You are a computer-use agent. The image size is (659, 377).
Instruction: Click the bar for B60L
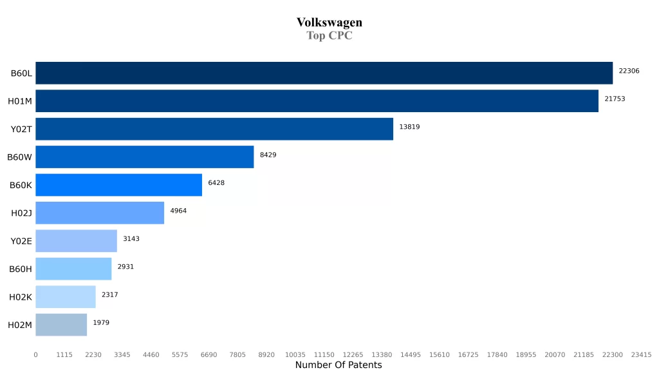pyautogui.click(x=324, y=73)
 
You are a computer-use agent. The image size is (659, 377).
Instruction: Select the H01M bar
pyautogui.click(x=317, y=101)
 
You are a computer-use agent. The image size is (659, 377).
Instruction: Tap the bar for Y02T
pyautogui.click(x=214, y=129)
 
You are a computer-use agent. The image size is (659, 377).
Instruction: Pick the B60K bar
pyautogui.click(x=118, y=185)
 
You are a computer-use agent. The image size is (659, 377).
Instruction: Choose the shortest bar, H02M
pyautogui.click(x=61, y=325)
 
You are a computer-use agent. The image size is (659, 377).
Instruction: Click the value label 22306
pyautogui.click(x=629, y=71)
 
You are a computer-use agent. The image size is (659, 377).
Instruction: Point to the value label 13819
pyautogui.click(x=409, y=127)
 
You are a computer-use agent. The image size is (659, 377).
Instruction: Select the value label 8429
pyautogui.click(x=268, y=155)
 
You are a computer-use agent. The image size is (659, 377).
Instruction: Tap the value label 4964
pyautogui.click(x=178, y=211)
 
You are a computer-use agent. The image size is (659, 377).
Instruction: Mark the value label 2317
pyautogui.click(x=109, y=295)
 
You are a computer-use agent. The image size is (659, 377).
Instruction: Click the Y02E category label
pyautogui.click(x=21, y=241)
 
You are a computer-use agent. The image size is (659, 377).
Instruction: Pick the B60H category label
pyautogui.click(x=21, y=269)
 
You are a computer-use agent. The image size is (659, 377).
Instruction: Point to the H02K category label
pyautogui.click(x=21, y=297)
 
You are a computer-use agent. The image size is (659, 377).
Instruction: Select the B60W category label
pyautogui.click(x=20, y=157)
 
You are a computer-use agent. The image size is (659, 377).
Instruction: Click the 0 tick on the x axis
pyautogui.click(x=35, y=354)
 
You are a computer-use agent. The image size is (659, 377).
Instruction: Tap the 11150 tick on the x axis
pyautogui.click(x=324, y=354)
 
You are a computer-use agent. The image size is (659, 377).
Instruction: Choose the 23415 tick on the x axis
pyautogui.click(x=641, y=354)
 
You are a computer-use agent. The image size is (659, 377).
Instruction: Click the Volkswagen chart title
pyautogui.click(x=329, y=23)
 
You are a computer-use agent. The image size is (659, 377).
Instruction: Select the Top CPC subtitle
pyautogui.click(x=329, y=35)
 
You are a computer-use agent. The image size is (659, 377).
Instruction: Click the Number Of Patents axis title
pyautogui.click(x=339, y=365)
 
